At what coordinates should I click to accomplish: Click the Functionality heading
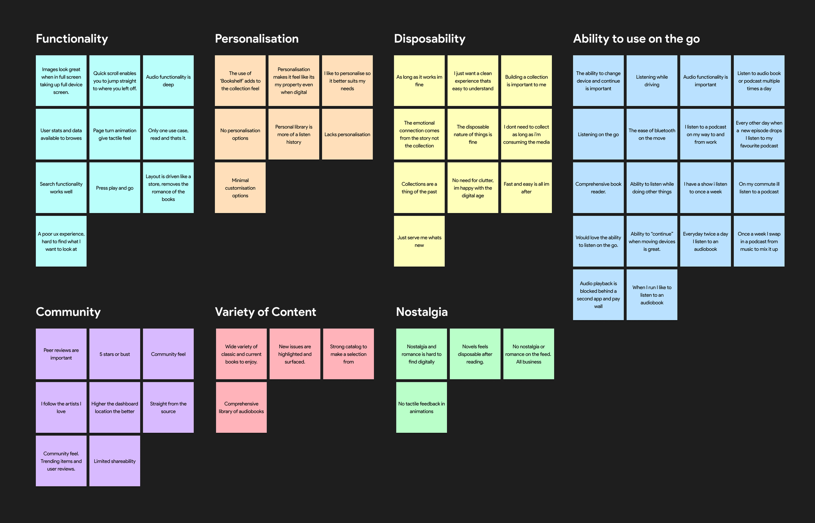pos(72,39)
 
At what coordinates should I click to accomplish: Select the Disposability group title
pos(430,39)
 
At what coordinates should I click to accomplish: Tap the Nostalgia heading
pos(422,312)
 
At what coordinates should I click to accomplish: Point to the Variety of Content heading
pos(265,312)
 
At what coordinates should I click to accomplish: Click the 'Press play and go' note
pos(114,188)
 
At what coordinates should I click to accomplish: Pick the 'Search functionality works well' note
pos(61,188)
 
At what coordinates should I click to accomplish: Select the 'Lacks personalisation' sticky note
pos(347,134)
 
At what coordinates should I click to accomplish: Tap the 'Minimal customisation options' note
pos(240,188)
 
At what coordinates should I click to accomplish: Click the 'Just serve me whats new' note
pos(419,241)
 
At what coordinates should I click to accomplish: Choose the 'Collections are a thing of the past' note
pos(419,188)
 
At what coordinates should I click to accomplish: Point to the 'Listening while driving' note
pos(652,81)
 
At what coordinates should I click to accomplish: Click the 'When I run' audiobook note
pos(652,295)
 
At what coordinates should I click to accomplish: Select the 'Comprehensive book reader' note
pos(598,188)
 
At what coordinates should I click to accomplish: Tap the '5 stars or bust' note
pos(114,354)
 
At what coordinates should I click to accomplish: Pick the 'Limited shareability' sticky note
pos(114,461)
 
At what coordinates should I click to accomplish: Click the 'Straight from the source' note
pos(168,407)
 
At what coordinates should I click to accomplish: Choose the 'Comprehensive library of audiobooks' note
pos(241,407)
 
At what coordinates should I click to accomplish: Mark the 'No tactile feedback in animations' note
pos(422,407)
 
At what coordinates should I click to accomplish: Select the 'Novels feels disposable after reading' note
pos(475,354)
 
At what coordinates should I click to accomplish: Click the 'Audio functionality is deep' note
pos(168,81)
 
